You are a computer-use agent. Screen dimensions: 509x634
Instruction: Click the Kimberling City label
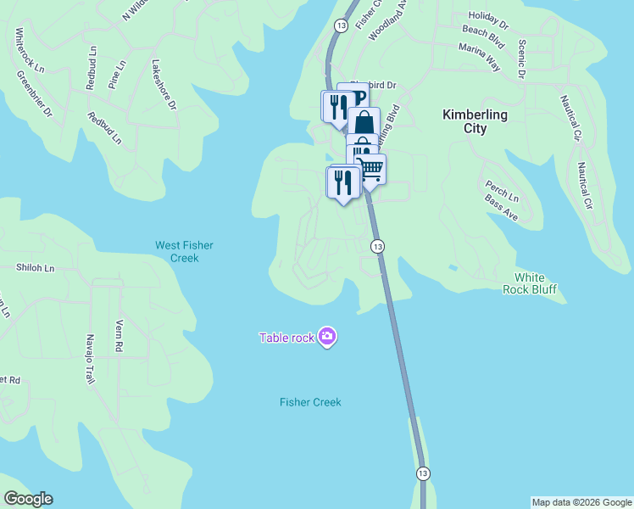click(x=475, y=121)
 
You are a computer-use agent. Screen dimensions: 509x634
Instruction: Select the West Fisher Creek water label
click(x=184, y=251)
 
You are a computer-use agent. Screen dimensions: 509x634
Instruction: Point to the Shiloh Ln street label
click(x=35, y=268)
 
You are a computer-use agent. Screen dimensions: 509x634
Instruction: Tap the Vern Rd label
click(x=120, y=336)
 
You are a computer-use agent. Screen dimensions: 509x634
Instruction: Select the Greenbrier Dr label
click(x=35, y=93)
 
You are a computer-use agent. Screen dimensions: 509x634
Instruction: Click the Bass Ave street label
click(x=501, y=207)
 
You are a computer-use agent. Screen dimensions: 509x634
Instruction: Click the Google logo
click(x=28, y=499)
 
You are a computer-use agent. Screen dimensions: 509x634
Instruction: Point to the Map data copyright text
click(x=581, y=502)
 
